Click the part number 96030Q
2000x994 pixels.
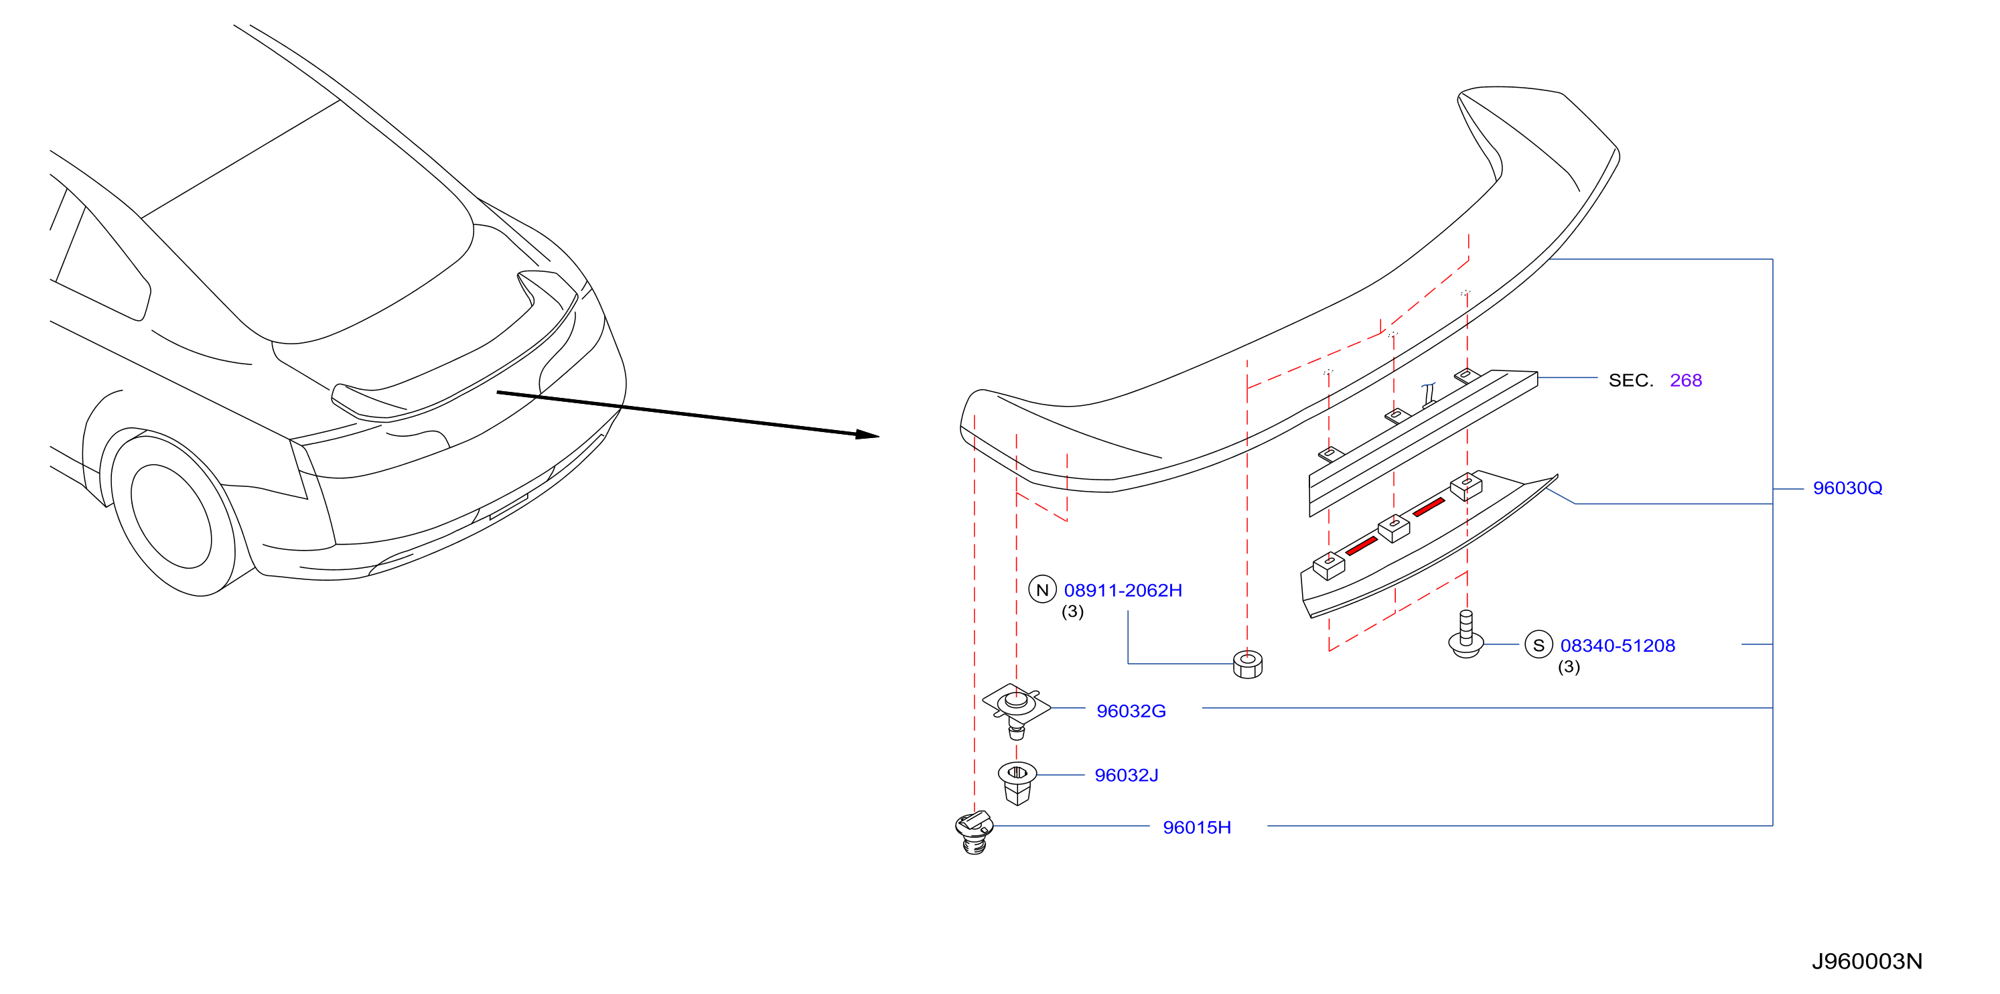(1847, 488)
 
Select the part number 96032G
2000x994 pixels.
(1131, 711)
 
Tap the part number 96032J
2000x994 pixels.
(1126, 776)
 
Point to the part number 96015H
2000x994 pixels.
(1196, 828)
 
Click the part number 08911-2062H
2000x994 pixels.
(1123, 591)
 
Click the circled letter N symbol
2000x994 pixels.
(1042, 590)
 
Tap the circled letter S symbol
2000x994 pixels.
(1538, 645)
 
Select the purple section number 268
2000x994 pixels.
(1686, 380)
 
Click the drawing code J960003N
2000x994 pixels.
(1867, 962)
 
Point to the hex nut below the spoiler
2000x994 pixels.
(1248, 664)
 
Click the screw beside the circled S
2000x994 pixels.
(1466, 634)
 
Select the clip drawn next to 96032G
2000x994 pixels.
(1016, 711)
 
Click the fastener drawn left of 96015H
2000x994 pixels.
(975, 833)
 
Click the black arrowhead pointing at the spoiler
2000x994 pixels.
(867, 435)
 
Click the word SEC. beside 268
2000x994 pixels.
(1630, 380)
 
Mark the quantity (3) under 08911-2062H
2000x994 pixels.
(1072, 612)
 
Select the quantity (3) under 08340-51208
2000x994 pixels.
(1569, 667)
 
